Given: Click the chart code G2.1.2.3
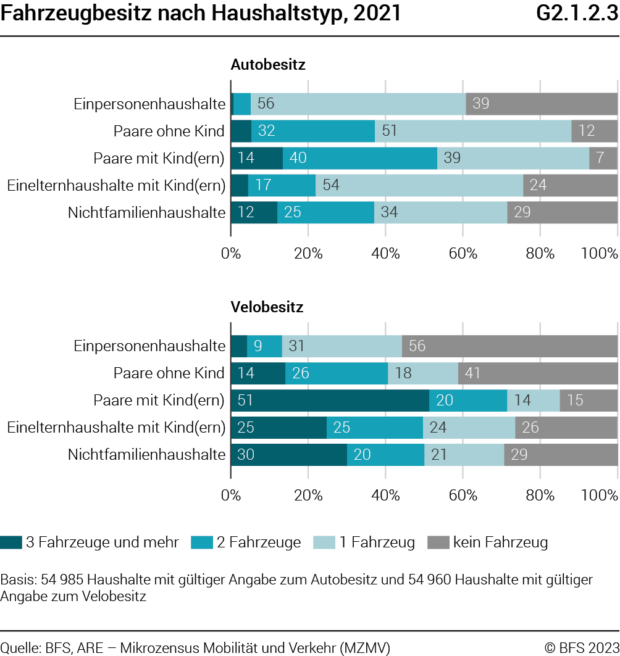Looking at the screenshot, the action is click(577, 13).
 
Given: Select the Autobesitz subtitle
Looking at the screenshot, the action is click(268, 64).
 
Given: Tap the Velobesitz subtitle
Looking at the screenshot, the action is click(267, 307).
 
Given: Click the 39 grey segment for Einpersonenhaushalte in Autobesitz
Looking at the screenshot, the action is click(542, 104).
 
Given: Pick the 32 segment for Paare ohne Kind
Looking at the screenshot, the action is click(313, 131).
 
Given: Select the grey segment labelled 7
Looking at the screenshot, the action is click(603, 158).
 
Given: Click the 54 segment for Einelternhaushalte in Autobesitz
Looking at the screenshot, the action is click(419, 185).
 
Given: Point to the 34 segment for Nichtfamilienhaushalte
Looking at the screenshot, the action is click(441, 212).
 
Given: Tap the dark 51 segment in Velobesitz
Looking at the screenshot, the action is click(330, 401).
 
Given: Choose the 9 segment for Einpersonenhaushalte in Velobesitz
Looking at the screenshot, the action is click(264, 346).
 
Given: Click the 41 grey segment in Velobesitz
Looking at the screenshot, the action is click(538, 373).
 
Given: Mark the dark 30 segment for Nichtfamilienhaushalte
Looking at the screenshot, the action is click(289, 455).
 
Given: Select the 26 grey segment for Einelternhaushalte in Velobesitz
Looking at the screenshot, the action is click(566, 428).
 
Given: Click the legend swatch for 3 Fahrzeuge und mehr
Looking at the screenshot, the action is click(11, 542).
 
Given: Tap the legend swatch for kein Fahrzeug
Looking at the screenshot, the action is click(438, 542).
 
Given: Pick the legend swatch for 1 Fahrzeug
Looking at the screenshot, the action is click(324, 542).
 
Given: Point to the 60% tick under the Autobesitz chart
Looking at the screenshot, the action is click(463, 253).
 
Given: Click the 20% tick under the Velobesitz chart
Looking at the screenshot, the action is click(308, 496).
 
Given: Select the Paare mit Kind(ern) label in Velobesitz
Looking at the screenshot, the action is click(159, 401).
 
